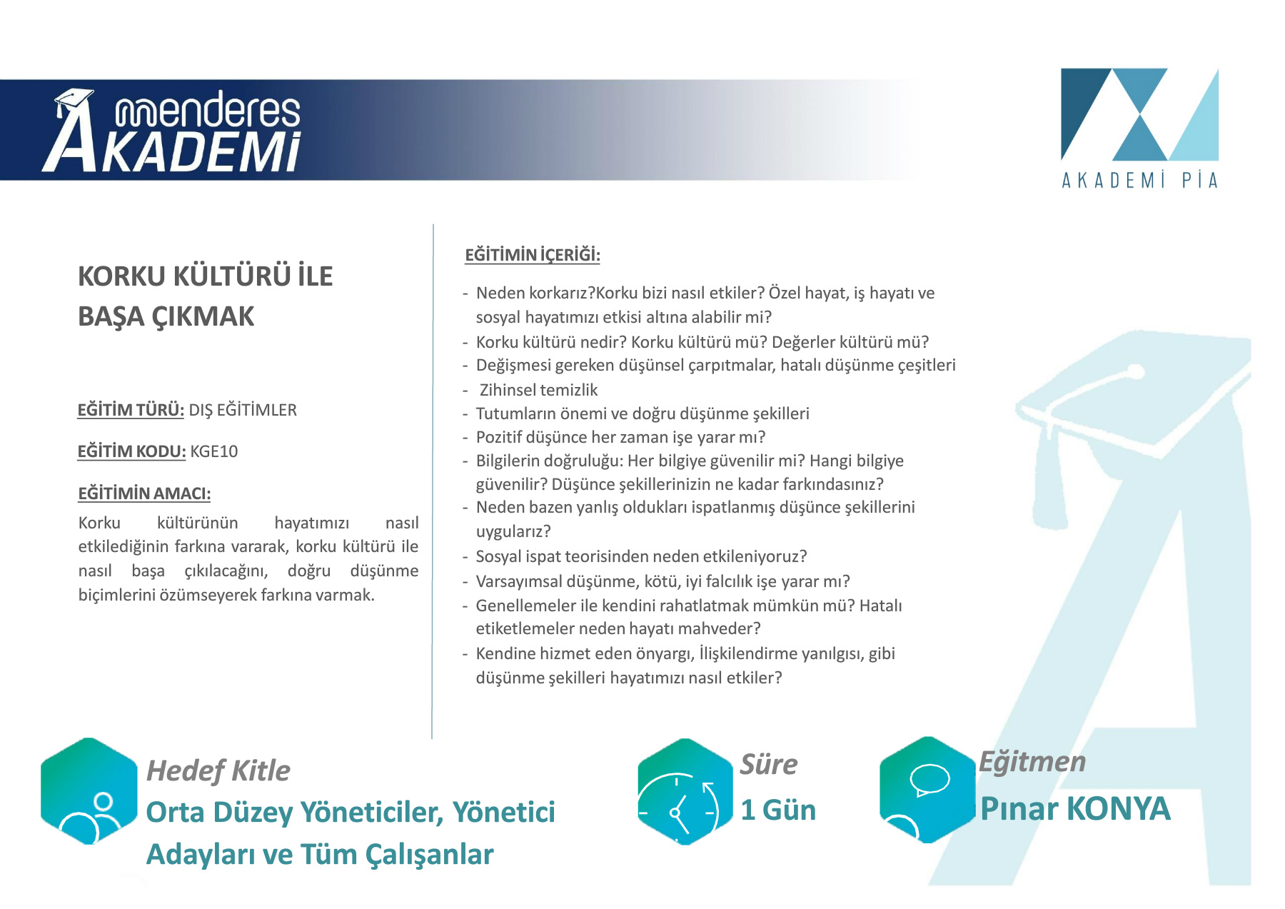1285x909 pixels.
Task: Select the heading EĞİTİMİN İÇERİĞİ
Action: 533,255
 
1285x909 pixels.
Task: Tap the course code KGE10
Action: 214,451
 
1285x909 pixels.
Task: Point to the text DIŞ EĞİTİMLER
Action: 243,410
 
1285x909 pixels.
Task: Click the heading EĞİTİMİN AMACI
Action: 144,493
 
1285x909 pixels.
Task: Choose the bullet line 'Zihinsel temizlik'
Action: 538,390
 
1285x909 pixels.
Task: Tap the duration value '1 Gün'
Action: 778,810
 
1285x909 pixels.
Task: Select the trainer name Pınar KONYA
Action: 1075,808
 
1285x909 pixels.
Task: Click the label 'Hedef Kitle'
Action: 218,771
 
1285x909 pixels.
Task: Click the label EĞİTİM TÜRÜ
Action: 131,410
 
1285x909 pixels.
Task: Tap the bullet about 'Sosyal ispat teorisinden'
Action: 641,556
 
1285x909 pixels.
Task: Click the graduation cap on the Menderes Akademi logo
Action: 74,100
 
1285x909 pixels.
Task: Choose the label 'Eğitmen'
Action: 1032,762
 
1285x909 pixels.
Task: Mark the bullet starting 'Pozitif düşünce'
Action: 620,437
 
